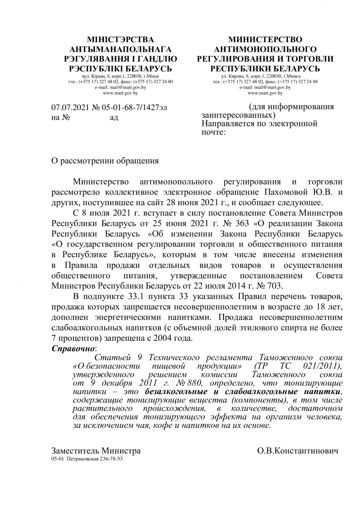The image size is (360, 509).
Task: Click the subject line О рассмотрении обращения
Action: click(x=105, y=161)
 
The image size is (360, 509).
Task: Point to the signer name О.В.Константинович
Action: click(x=298, y=451)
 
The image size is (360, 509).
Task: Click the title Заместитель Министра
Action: click(x=96, y=451)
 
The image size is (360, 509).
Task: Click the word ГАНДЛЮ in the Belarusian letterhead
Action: click(x=158, y=59)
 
